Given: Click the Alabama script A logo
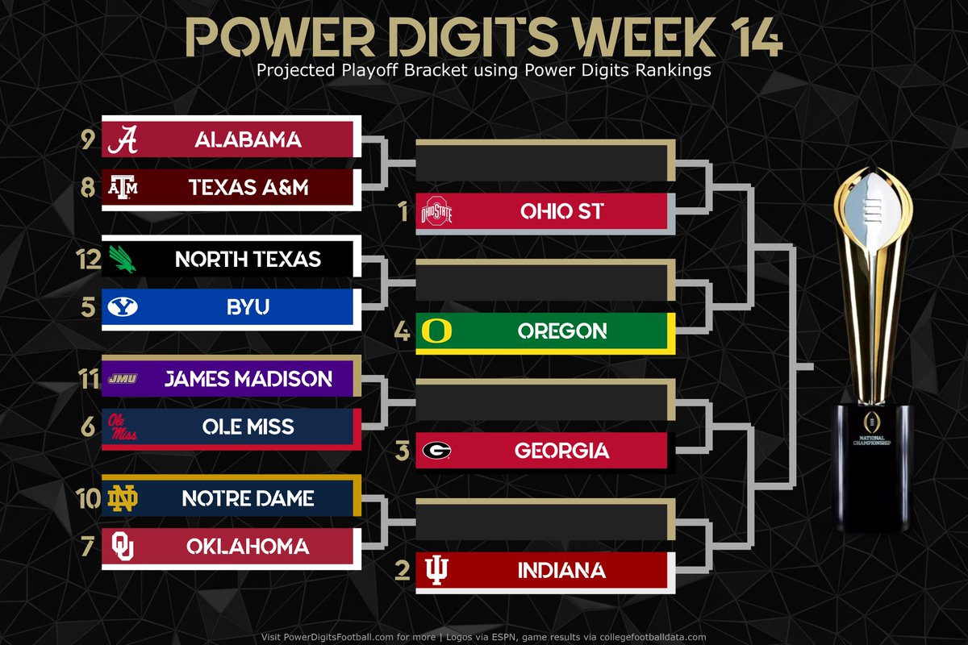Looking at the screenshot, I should click(x=123, y=139).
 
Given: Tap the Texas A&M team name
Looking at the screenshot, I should click(x=248, y=188).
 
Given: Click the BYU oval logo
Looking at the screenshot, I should click(x=123, y=307).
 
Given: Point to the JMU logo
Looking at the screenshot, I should click(x=122, y=379).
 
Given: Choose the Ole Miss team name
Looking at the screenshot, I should click(x=248, y=427).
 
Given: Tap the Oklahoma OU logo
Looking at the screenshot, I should click(x=123, y=547).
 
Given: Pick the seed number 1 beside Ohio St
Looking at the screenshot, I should click(x=403, y=212).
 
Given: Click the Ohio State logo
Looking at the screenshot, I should click(x=437, y=213).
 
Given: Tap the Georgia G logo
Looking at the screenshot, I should click(x=436, y=451).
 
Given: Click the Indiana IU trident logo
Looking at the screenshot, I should click(x=437, y=571).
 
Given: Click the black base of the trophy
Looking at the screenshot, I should click(x=874, y=468).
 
